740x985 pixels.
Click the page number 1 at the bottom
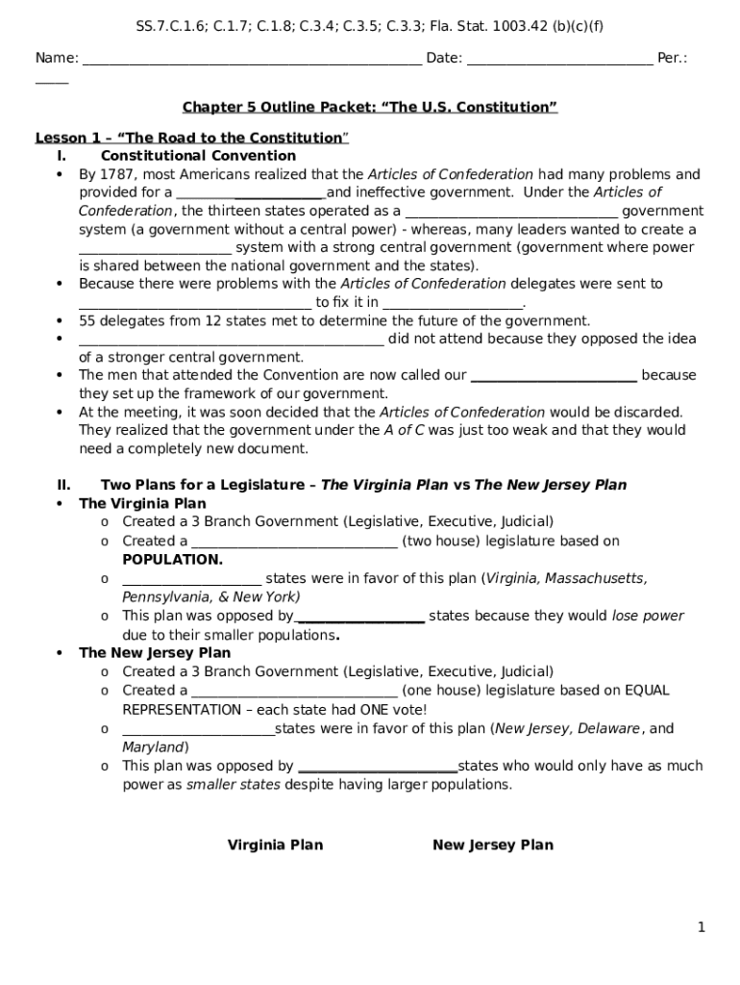702,927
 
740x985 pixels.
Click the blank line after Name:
252,59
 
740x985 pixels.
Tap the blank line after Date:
558,59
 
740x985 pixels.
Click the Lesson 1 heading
191,138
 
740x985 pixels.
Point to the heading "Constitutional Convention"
198,156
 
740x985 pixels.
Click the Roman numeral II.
63,485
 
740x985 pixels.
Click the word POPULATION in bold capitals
172,560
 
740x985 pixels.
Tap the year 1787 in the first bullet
116,174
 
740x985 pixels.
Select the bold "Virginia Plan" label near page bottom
275,845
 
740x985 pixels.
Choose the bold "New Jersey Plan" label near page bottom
493,845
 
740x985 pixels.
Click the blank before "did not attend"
231,340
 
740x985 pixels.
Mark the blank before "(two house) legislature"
294,542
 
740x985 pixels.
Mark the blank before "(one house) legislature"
294,691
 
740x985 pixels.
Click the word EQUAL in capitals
647,690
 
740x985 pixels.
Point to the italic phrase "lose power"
648,616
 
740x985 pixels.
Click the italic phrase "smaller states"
234,784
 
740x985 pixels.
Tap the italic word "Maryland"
154,746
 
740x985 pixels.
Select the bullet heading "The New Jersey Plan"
155,652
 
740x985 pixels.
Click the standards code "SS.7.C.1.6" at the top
171,26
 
